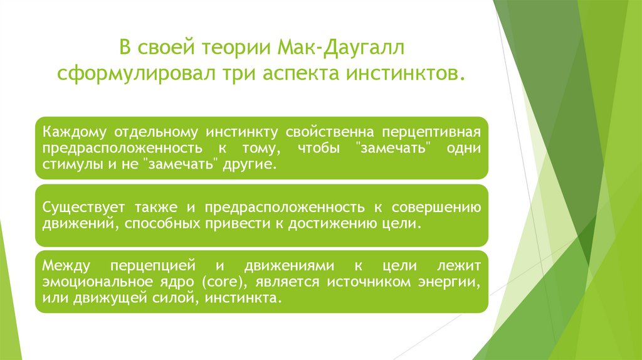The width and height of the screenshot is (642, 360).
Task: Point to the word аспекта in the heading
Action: [x=296, y=75]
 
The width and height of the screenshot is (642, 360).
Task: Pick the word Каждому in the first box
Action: [x=75, y=133]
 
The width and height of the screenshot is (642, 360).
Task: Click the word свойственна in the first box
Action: [x=330, y=133]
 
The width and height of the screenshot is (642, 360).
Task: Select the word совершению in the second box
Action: [x=442, y=208]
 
